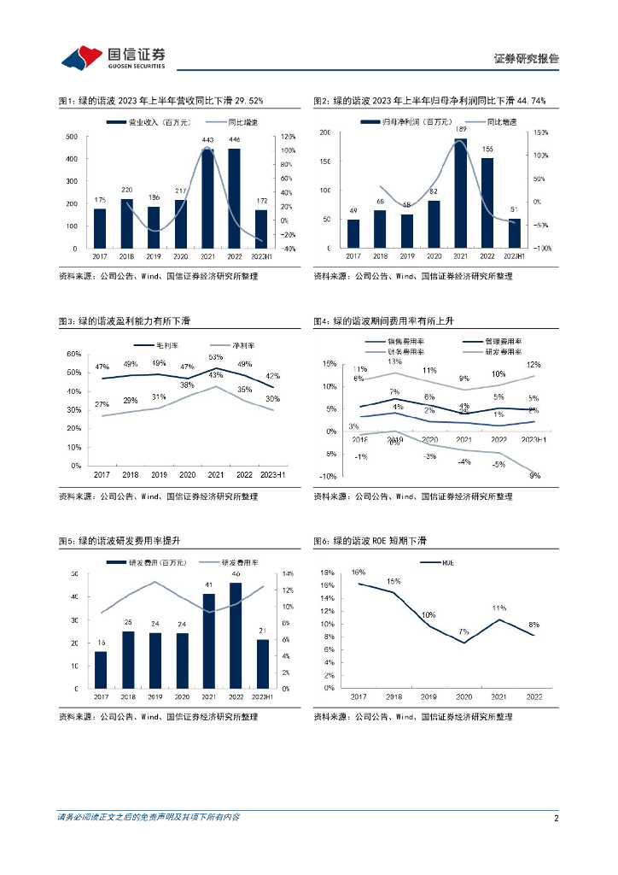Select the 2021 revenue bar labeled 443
pyautogui.click(x=207, y=198)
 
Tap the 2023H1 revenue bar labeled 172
pyautogui.click(x=261, y=228)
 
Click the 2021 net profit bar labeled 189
pyautogui.click(x=461, y=193)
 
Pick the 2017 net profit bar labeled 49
pyautogui.click(x=353, y=233)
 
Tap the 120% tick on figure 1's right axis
pyautogui.click(x=288, y=137)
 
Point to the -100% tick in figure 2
pyautogui.click(x=541, y=248)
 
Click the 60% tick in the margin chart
pyautogui.click(x=74, y=355)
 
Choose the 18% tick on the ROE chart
pyautogui.click(x=328, y=573)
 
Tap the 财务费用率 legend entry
pyautogui.click(x=405, y=351)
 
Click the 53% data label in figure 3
pyautogui.click(x=215, y=357)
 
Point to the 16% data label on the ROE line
pyautogui.click(x=358, y=573)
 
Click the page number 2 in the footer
pyautogui.click(x=556, y=818)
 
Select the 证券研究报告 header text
pyautogui.click(x=527, y=59)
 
